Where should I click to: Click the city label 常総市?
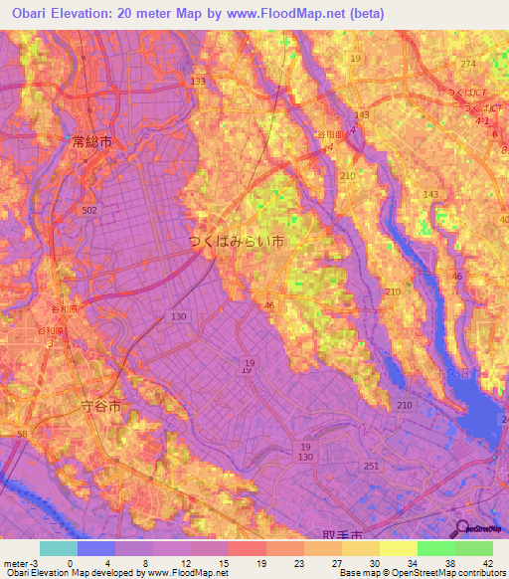click(x=92, y=143)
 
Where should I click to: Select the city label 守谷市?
click(x=99, y=406)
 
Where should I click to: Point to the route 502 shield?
click(x=89, y=210)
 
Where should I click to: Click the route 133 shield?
click(x=199, y=82)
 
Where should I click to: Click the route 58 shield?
click(x=22, y=436)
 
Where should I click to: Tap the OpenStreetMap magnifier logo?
click(x=462, y=528)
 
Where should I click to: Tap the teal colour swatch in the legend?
click(x=58, y=548)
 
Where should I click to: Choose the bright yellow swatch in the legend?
click(x=398, y=548)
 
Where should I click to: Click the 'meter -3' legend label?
click(x=19, y=562)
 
